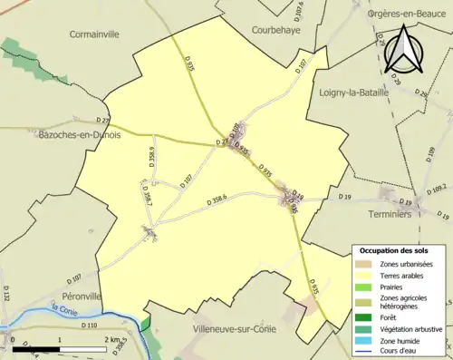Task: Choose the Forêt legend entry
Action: point(390,316)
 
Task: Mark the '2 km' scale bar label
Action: point(113,339)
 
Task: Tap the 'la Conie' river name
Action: point(64,308)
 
